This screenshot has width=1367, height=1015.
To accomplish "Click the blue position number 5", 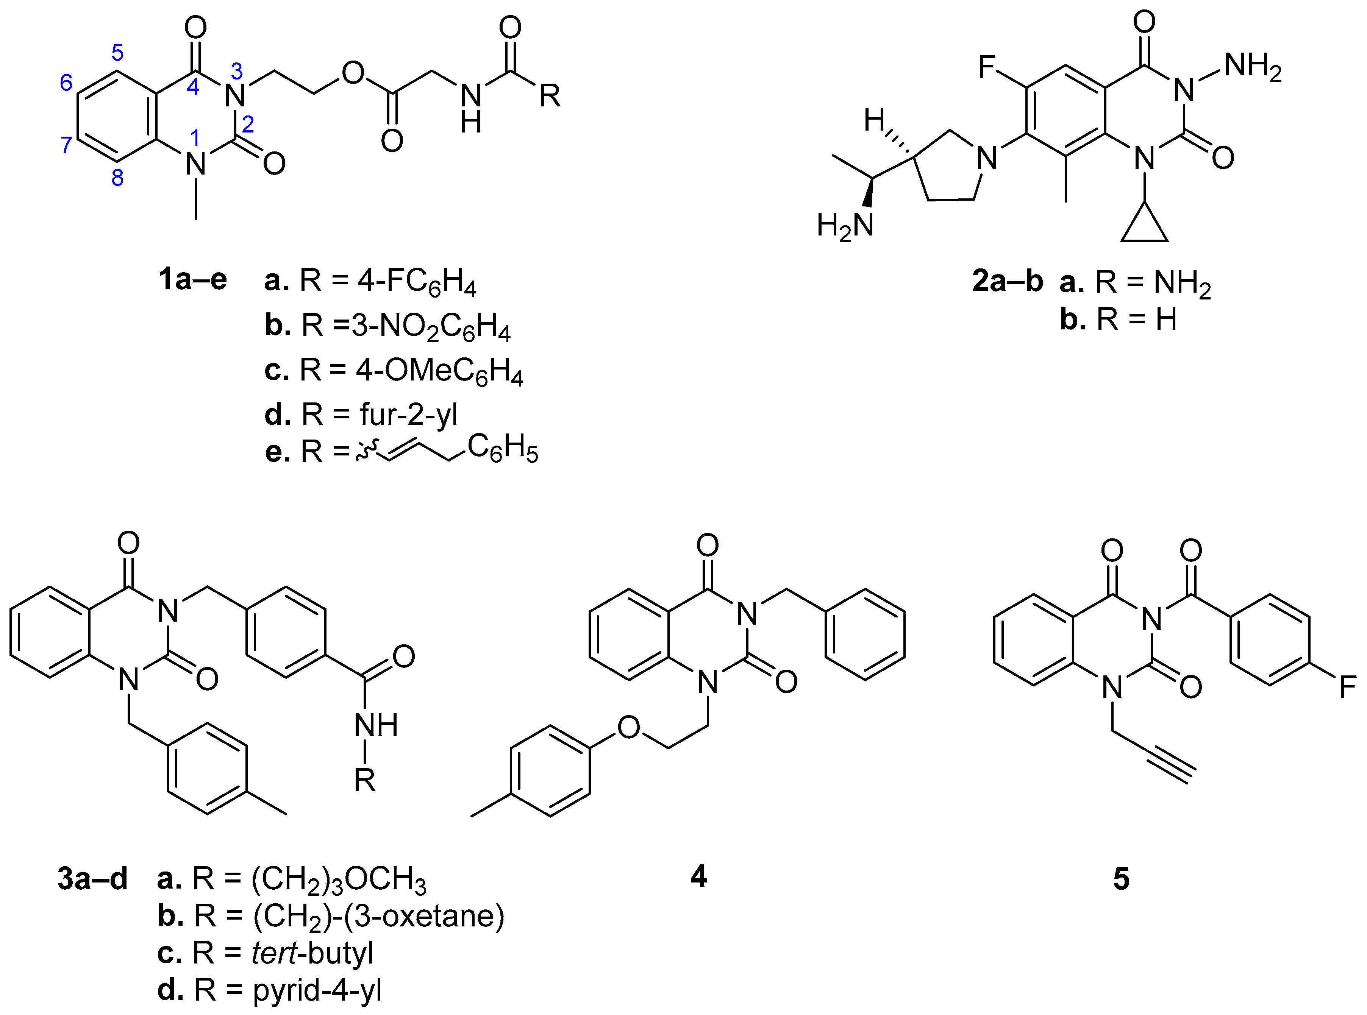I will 117,53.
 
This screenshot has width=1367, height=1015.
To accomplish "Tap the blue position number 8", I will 117,178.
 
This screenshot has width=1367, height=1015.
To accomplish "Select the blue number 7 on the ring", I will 66,145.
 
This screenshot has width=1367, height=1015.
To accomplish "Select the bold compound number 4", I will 698,877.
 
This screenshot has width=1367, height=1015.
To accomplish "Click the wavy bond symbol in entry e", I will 367,452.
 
